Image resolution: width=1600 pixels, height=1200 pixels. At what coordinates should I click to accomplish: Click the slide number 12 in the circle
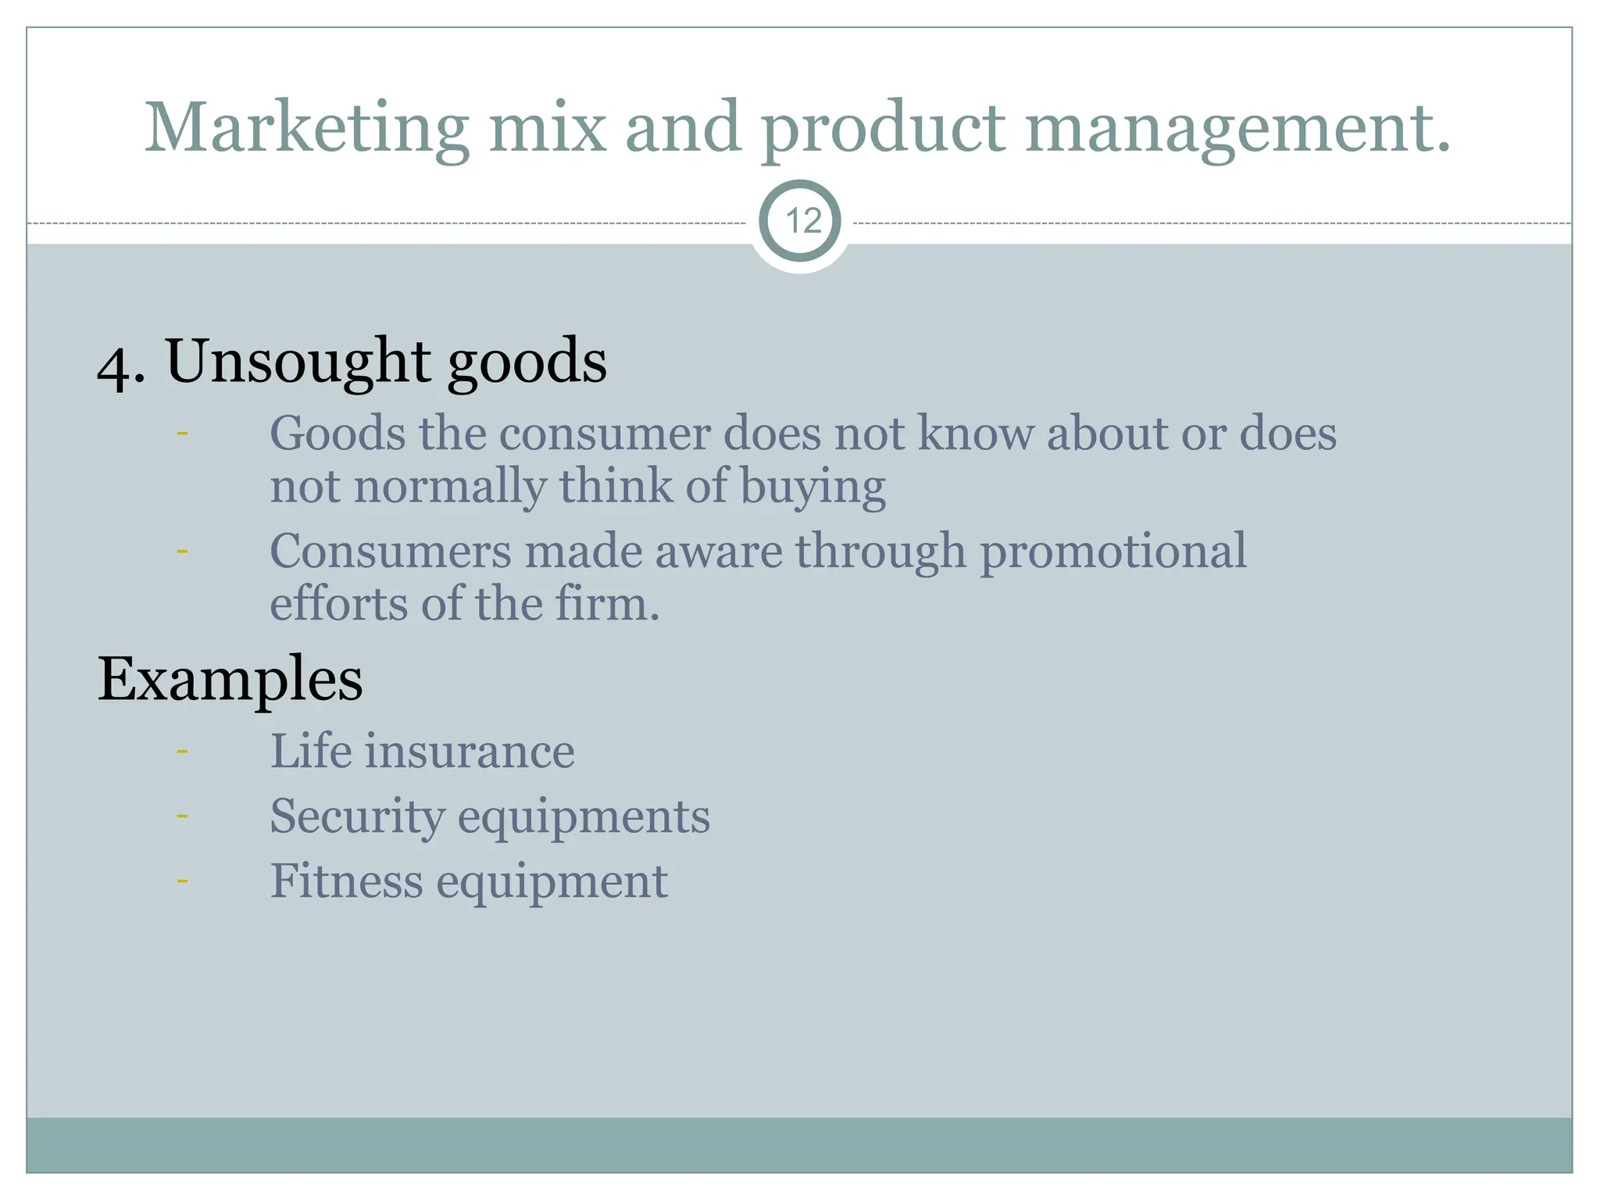802,222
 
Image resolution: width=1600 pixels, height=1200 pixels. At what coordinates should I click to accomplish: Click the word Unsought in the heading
298,362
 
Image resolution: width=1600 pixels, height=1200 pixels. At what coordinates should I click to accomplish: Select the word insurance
470,752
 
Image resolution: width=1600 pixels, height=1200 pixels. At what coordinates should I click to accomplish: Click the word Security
356,817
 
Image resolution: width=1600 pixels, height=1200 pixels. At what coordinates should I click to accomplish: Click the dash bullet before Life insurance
182,752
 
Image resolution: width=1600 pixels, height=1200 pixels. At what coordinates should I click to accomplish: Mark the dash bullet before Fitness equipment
182,881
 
